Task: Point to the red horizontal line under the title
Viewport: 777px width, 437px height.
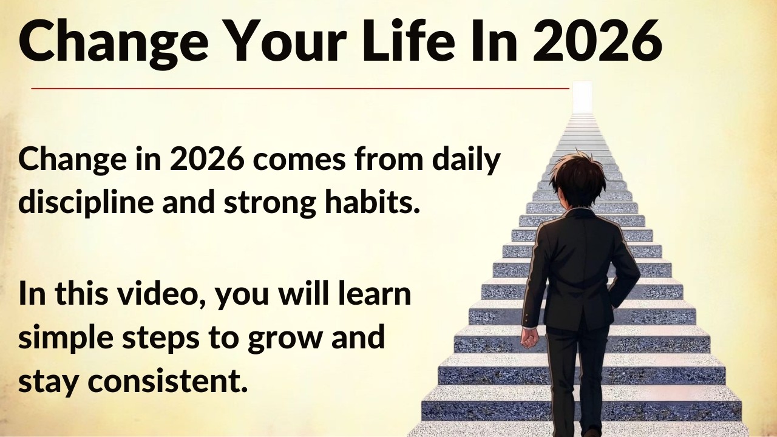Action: [300, 89]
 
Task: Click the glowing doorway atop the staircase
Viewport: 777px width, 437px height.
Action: [582, 97]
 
